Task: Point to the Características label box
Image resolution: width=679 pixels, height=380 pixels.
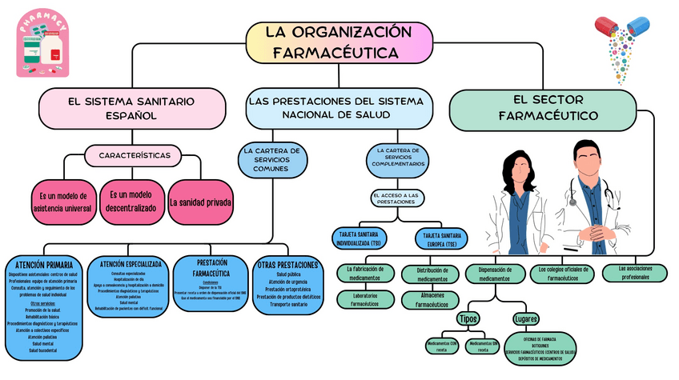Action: click(134, 154)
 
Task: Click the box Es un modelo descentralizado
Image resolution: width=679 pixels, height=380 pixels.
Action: click(131, 201)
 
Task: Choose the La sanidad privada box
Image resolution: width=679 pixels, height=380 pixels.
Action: click(201, 202)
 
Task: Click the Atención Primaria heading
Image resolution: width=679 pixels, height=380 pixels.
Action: click(43, 264)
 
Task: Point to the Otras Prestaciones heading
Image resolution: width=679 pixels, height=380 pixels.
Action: click(287, 265)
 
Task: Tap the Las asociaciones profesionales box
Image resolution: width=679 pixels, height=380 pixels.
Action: click(634, 273)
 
